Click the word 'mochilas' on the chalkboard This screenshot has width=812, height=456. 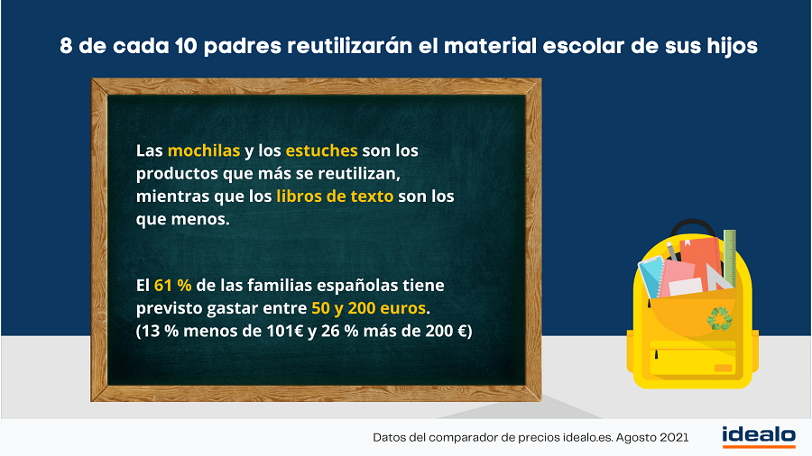(x=204, y=150)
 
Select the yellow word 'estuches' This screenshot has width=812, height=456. (x=321, y=150)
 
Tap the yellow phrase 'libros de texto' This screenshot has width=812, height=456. (x=335, y=196)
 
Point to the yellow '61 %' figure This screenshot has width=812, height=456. (x=173, y=286)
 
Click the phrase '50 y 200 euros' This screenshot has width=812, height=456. (x=369, y=308)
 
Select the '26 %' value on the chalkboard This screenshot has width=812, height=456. (x=340, y=331)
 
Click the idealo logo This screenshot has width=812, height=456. (x=759, y=436)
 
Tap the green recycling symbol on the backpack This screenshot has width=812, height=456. (x=720, y=319)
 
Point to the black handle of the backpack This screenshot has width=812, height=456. (x=693, y=225)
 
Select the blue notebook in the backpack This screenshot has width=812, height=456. (x=651, y=278)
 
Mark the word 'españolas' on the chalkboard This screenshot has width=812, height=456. (x=356, y=286)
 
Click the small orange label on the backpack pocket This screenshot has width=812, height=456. (x=723, y=368)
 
